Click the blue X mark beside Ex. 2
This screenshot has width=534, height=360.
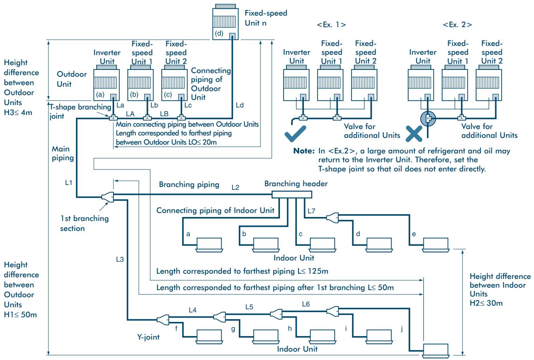click(x=414, y=134)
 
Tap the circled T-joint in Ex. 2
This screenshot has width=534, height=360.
click(x=428, y=118)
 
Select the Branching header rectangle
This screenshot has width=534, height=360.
click(x=292, y=195)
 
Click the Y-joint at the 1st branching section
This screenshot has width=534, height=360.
click(x=108, y=197)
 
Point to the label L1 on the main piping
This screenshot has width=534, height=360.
click(x=69, y=183)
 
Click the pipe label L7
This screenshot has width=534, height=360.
click(x=312, y=211)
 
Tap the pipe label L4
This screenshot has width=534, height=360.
click(x=193, y=310)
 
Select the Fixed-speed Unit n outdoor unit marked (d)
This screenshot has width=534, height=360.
click(x=225, y=22)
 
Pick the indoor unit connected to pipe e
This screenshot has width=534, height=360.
click(x=435, y=245)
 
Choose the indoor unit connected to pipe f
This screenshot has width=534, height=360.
click(x=209, y=337)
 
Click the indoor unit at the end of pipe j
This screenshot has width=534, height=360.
click(x=435, y=351)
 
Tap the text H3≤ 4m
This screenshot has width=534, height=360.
click(x=18, y=113)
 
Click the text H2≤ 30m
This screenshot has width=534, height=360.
click(x=486, y=303)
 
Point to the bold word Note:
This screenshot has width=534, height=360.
click(x=304, y=151)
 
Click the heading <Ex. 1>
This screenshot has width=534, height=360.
click(x=332, y=24)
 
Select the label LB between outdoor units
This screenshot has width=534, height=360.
click(x=164, y=114)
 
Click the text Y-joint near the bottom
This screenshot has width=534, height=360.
click(x=148, y=337)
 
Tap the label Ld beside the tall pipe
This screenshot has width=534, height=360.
click(x=240, y=105)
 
